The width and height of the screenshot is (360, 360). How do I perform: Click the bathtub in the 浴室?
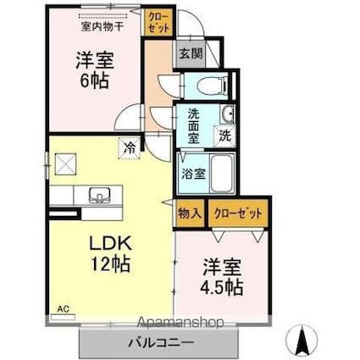(221, 174)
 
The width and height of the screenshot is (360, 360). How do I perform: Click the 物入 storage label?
(189, 214)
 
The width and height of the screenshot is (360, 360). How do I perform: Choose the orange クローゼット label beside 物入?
(237, 214)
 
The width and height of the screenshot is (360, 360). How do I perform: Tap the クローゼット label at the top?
(158, 21)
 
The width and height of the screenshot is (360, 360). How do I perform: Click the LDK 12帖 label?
(110, 252)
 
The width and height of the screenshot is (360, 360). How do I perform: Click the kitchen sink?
(99, 195)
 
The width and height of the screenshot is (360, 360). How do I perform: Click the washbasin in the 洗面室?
(226, 116)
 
